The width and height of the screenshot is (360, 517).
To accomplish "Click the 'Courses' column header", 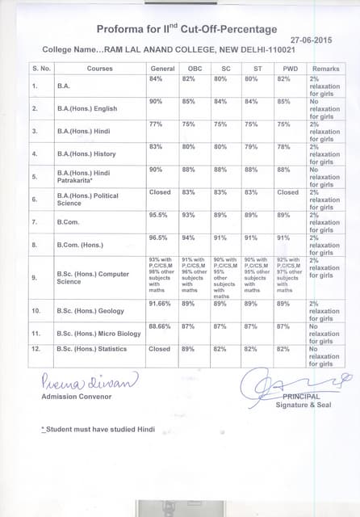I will (99, 69).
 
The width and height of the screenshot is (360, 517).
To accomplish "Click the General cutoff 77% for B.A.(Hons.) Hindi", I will (157, 124).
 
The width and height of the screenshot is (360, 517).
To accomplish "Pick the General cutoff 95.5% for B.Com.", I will (159, 214).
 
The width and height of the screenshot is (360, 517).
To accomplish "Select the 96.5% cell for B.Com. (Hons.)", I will (159, 237).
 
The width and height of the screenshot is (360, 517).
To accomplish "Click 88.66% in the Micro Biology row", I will (161, 326).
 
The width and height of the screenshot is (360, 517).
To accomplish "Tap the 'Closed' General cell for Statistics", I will (160, 349).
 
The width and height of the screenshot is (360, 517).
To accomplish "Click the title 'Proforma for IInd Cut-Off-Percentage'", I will (186, 29).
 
